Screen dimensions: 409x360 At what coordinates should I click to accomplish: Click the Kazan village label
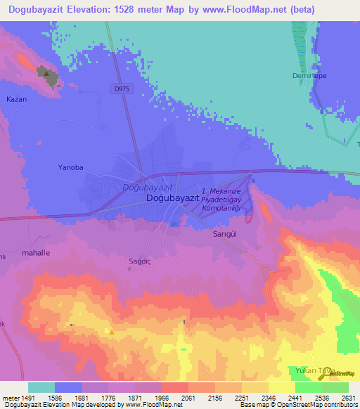(16, 99)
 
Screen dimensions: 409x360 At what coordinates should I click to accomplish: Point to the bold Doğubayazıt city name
(173, 199)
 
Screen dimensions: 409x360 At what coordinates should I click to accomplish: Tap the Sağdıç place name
(122, 261)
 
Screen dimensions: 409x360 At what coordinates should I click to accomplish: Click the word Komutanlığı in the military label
(222, 209)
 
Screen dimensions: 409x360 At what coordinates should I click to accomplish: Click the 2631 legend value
(348, 397)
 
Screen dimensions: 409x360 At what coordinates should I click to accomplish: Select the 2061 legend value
(188, 397)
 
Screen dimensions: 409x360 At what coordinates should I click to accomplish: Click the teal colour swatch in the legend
(41, 387)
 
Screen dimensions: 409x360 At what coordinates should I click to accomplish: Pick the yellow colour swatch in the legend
(281, 387)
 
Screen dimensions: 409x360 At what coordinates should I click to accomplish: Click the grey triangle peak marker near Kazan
(46, 72)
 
